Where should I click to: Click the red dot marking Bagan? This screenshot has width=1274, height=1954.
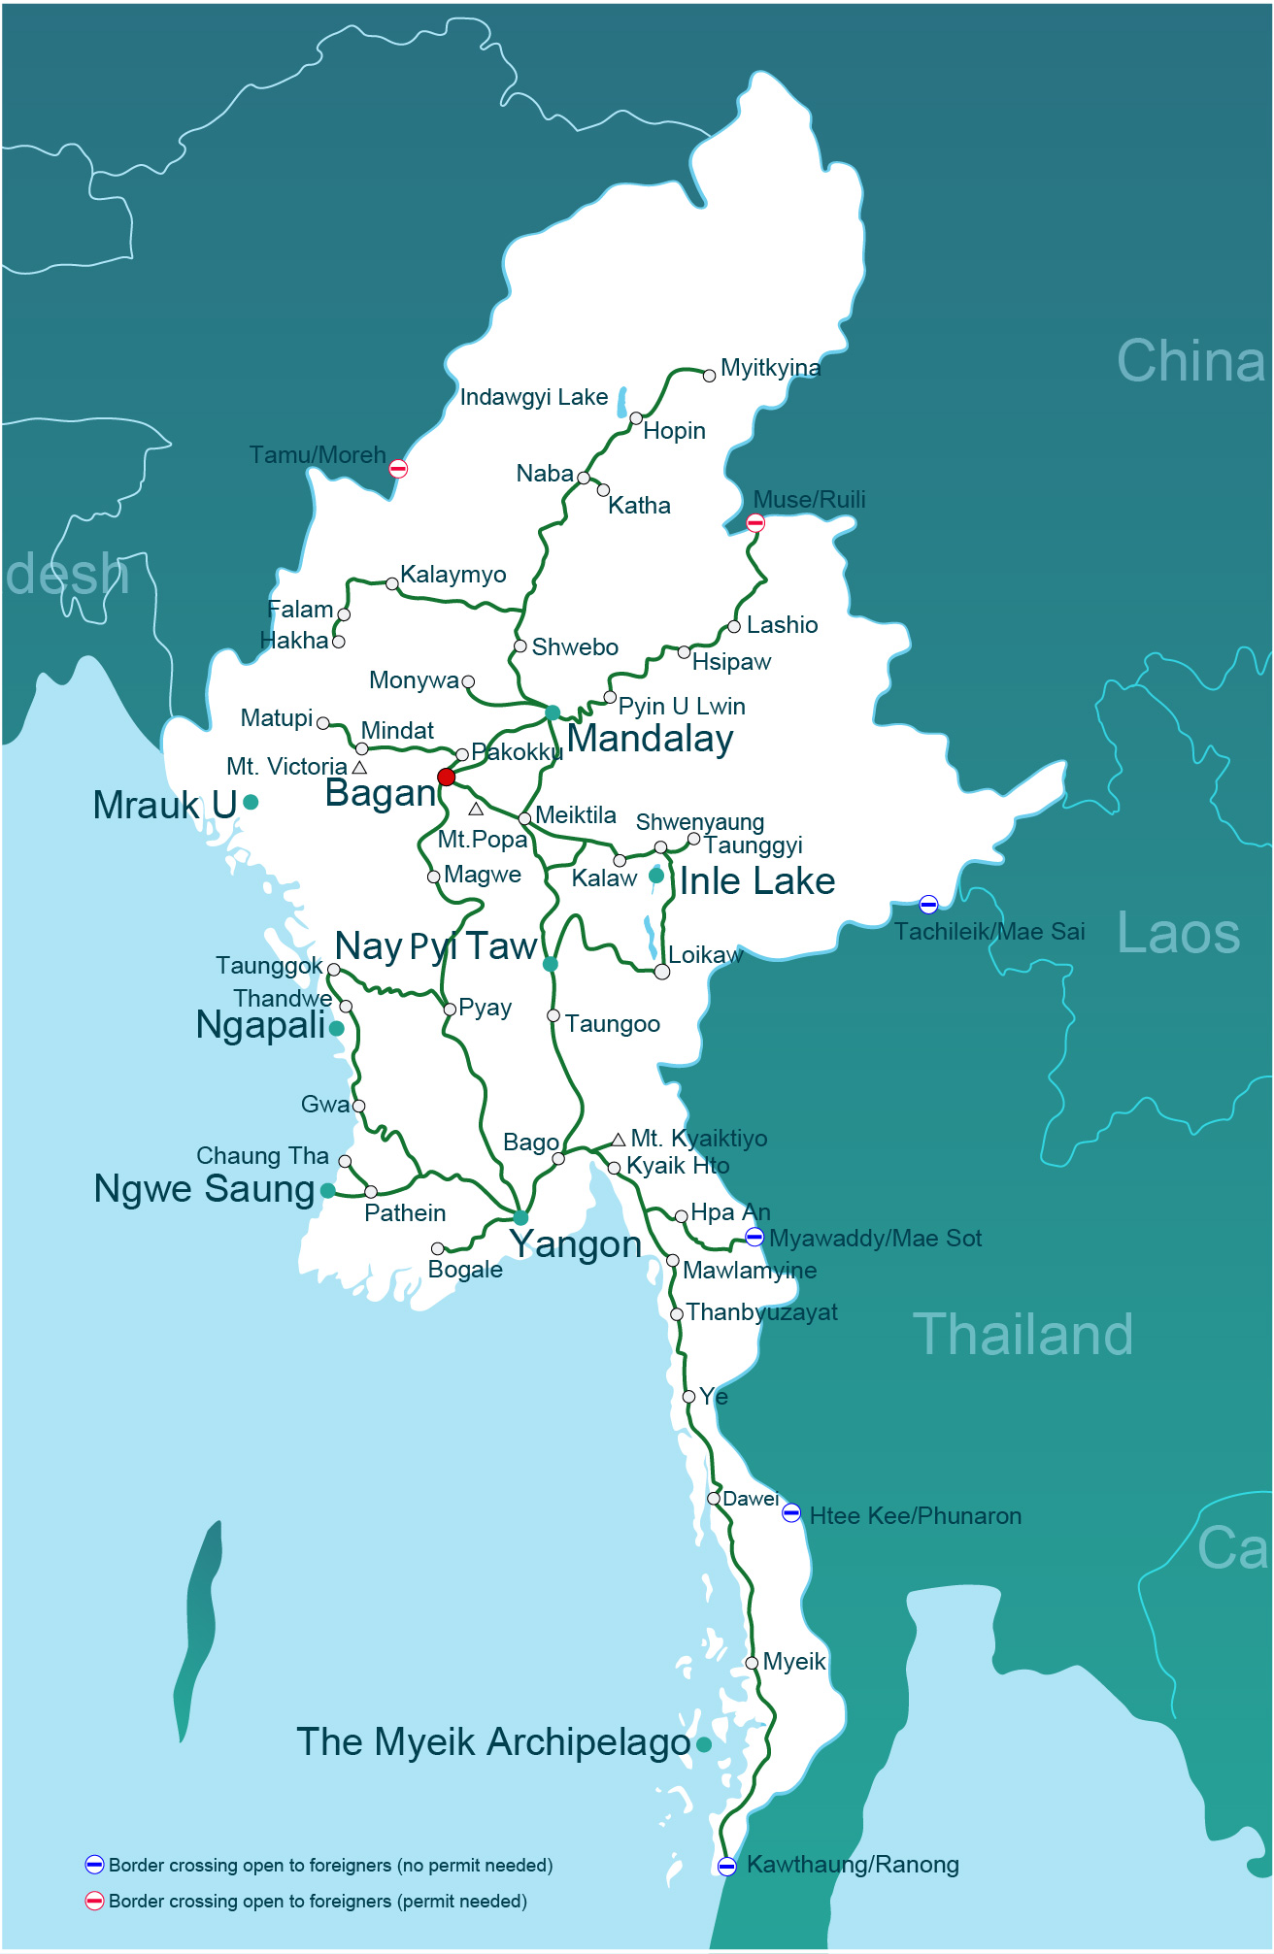[446, 777]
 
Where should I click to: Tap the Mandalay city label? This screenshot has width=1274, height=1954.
[650, 739]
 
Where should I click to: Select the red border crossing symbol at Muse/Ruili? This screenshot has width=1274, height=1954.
[755, 523]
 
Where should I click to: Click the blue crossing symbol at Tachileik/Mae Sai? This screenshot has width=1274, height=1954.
[928, 905]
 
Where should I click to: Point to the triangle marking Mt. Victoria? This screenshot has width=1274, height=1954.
[359, 768]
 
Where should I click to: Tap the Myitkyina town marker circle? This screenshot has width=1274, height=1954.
[710, 376]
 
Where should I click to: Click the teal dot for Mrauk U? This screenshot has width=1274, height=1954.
[251, 802]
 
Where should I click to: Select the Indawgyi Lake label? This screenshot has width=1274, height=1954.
[533, 397]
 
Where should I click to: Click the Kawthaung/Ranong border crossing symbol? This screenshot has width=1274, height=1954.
[726, 1866]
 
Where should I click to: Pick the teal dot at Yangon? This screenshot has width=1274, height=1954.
[520, 1217]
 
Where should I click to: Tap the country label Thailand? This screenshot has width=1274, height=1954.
[1023, 1335]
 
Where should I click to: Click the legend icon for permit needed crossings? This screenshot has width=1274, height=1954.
[94, 1901]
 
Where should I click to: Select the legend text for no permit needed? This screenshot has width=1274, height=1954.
[330, 1865]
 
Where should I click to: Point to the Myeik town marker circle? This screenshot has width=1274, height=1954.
[752, 1663]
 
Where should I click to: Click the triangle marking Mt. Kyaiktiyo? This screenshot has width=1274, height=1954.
[619, 1140]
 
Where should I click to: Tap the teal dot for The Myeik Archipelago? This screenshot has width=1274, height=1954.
[704, 1744]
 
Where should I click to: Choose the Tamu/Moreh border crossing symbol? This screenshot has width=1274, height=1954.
[398, 469]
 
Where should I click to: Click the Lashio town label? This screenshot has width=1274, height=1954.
[782, 625]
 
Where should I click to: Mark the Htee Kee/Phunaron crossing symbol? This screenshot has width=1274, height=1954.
[791, 1513]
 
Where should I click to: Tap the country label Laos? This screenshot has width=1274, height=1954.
[1178, 933]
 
